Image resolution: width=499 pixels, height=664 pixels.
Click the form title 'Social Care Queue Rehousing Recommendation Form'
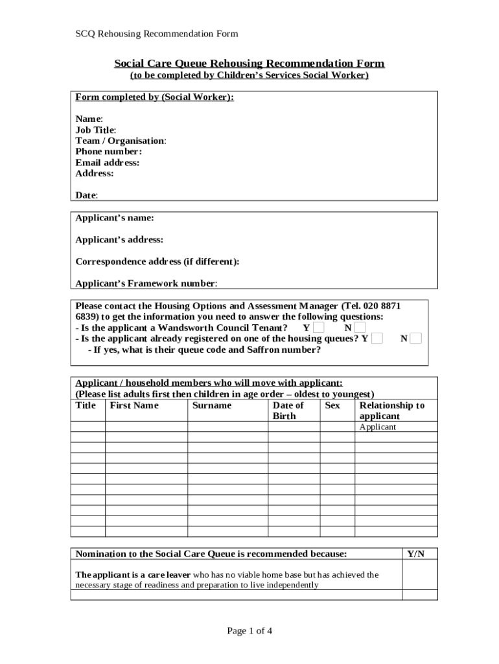[250, 64]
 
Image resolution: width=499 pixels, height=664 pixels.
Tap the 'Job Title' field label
[96, 130]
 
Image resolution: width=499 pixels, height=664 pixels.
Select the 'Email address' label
[107, 163]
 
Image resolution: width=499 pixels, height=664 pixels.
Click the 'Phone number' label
[108, 152]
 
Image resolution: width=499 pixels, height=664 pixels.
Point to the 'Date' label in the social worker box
[86, 195]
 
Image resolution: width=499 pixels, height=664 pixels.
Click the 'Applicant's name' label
[115, 218]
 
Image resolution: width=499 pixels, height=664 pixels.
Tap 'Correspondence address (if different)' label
[157, 262]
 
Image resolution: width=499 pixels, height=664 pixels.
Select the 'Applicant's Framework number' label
[146, 283]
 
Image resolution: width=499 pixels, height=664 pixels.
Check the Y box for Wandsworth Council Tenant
[319, 328]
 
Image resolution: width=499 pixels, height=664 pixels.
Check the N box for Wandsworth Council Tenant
[360, 328]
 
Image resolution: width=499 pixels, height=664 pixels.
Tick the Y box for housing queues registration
[377, 338]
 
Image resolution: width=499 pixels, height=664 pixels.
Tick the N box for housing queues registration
[416, 338]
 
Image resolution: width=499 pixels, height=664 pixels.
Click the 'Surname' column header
[212, 405]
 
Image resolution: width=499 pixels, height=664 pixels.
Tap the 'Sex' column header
[332, 405]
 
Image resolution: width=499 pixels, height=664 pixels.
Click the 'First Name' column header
[134, 405]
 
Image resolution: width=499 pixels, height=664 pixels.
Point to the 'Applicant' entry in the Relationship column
[377, 427]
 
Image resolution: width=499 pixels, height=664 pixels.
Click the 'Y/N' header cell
[415, 554]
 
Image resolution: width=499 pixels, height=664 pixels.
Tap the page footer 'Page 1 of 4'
[250, 631]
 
